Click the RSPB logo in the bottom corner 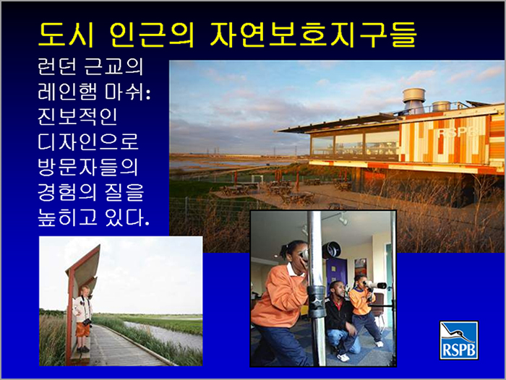click(x=458, y=340)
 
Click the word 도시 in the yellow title click(x=67, y=35)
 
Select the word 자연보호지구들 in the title click(x=313, y=35)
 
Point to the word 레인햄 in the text click(x=67, y=92)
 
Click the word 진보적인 click(x=77, y=116)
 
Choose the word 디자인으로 click(x=88, y=142)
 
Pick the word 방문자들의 click(x=87, y=167)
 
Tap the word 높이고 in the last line click(x=67, y=217)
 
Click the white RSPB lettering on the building click(x=458, y=131)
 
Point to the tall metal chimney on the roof click(x=414, y=100)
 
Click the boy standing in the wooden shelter click(x=82, y=319)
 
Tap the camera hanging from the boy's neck click(x=87, y=321)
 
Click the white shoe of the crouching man click(x=343, y=357)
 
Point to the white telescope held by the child click(x=375, y=285)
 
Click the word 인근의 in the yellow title click(x=152, y=35)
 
